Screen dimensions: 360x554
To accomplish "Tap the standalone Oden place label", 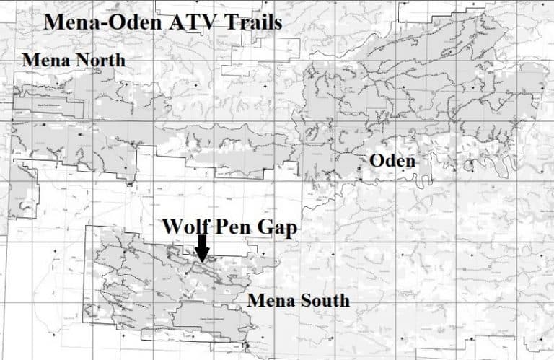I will click(392, 161).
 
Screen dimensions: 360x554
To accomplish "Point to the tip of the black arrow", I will click(203, 260).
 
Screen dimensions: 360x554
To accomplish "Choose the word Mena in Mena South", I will click(270, 299).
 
